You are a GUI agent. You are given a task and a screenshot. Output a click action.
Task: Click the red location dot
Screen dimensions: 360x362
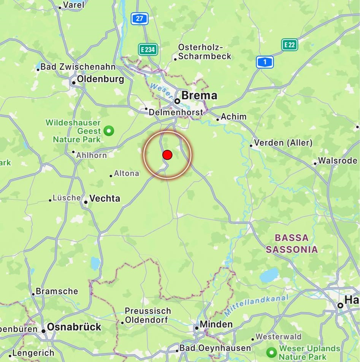click(x=167, y=155)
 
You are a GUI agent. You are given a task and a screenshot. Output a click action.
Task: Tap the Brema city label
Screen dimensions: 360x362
click(x=199, y=95)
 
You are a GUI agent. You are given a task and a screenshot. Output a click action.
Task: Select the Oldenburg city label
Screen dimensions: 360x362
click(x=100, y=79)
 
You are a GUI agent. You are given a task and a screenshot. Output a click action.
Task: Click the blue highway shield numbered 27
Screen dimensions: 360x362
click(x=140, y=18)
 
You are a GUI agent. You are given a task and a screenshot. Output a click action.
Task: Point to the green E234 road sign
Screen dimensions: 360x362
click(x=148, y=49)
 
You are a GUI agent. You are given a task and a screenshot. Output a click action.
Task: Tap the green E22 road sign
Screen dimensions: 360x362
click(x=290, y=44)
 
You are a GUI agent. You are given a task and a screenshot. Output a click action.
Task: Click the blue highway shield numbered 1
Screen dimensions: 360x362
click(x=265, y=62)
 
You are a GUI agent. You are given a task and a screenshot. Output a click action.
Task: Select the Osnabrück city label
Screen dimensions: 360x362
click(x=74, y=327)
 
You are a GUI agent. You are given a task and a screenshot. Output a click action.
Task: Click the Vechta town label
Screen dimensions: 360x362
click(x=105, y=198)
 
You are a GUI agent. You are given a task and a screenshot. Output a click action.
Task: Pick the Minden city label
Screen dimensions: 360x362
click(x=216, y=324)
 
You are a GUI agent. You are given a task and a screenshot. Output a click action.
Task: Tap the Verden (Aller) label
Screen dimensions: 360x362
click(x=283, y=143)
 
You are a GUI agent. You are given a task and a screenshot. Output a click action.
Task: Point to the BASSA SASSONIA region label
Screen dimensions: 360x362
click(x=292, y=244)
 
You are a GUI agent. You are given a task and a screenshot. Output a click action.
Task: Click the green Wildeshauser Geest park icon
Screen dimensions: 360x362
click(x=109, y=131)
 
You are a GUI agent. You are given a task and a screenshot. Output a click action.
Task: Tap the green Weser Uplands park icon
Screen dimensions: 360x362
click(x=271, y=352)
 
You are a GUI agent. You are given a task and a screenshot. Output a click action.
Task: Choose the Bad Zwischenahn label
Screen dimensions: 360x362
click(x=78, y=67)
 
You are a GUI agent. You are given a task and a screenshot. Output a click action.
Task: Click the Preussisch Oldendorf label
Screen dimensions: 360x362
click(x=148, y=315)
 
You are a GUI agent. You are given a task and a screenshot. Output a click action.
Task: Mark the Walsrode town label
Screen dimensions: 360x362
click(x=337, y=160)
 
